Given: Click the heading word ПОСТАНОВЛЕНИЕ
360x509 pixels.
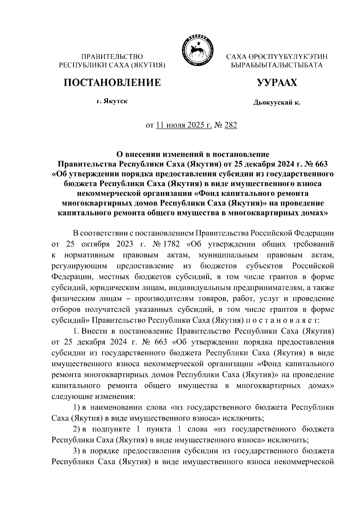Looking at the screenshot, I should pos(112,82).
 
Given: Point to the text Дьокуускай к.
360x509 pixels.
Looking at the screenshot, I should pos(277,103).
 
